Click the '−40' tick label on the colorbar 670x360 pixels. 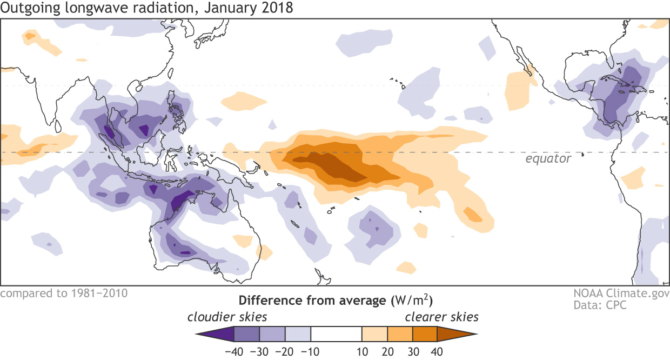pyautogui.click(x=233, y=351)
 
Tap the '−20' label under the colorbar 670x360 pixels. pyautogui.click(x=285, y=351)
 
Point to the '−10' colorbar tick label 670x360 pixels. pyautogui.click(x=310, y=351)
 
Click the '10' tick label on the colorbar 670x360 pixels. pyautogui.click(x=361, y=351)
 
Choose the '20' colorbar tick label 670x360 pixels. pyautogui.click(x=387, y=351)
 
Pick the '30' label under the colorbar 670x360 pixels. pyautogui.click(x=412, y=351)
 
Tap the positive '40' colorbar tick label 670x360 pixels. pyautogui.click(x=437, y=351)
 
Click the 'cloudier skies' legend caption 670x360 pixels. pyautogui.click(x=227, y=317)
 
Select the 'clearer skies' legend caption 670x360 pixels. pyautogui.click(x=442, y=317)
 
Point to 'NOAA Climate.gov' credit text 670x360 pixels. pyautogui.click(x=622, y=294)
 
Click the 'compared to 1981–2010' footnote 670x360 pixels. pyautogui.click(x=64, y=294)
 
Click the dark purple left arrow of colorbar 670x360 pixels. pyautogui.click(x=216, y=334)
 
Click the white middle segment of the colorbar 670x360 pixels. pyautogui.click(x=336, y=334)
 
